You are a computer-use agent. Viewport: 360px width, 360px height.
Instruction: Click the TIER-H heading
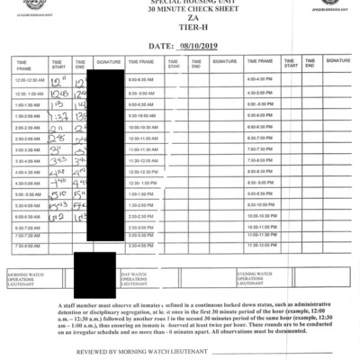pyautogui.click(x=180, y=28)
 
